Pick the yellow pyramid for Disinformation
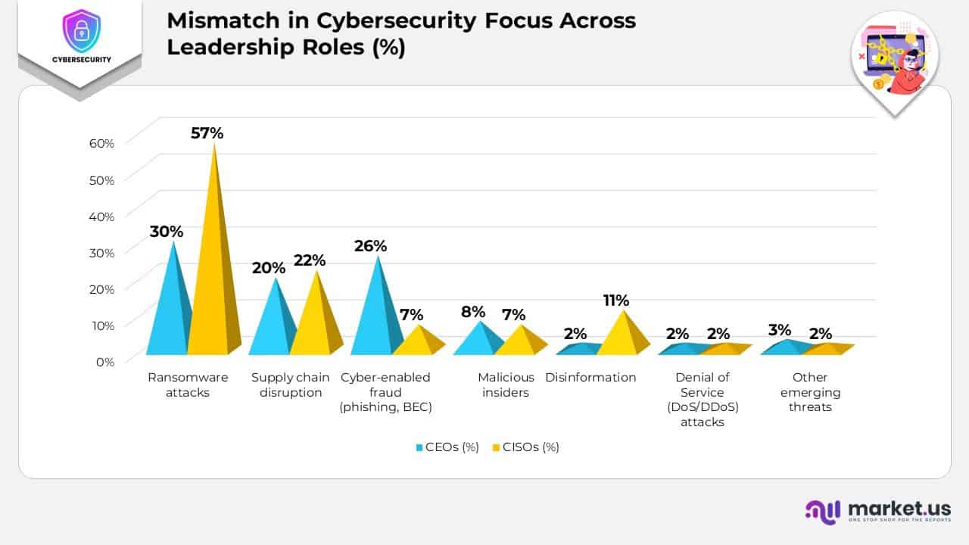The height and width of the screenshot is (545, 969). tap(623, 338)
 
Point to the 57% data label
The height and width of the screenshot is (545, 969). tap(207, 133)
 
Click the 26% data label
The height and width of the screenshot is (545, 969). tap(370, 246)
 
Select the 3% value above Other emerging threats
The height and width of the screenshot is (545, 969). tap(779, 330)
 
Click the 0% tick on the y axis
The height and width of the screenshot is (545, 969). tap(104, 361)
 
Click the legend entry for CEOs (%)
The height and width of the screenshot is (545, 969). tap(447, 447)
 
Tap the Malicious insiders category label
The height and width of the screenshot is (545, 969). tap(506, 385)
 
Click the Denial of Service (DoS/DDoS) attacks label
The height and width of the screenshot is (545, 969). tap(702, 400)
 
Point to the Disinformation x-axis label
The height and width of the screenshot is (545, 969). tap(590, 377)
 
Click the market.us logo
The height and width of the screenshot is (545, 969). tap(877, 510)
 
